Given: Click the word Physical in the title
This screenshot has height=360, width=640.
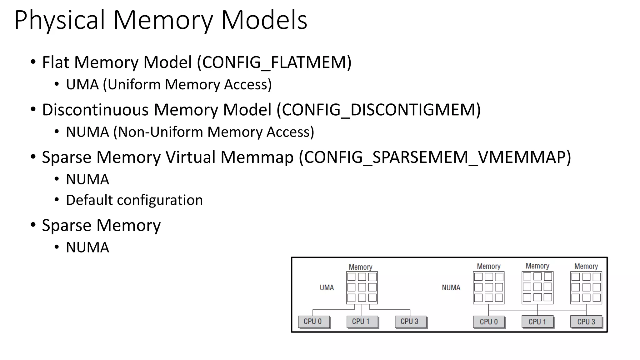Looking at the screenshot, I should tap(59, 20).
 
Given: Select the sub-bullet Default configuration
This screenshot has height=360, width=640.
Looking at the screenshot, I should tap(134, 200).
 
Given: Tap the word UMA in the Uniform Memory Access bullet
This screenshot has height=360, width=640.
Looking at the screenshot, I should tap(82, 85).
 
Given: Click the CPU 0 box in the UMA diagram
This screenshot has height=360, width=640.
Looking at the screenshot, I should tap(313, 322).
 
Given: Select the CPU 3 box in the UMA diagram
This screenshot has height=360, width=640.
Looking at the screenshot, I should tap(410, 322).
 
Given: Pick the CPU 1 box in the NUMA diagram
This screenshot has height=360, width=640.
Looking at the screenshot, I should tap(537, 322).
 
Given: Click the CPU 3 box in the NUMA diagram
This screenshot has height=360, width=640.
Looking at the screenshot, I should tap(586, 322).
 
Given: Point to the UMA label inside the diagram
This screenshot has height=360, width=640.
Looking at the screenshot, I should tap(327, 287).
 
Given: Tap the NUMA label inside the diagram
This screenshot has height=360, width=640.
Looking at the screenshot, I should tap(451, 287).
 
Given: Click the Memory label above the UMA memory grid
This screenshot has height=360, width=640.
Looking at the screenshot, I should tap(360, 267).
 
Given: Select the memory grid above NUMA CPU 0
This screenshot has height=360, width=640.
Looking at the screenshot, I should tap(488, 287).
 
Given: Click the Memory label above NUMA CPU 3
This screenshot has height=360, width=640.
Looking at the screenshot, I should tap(586, 266).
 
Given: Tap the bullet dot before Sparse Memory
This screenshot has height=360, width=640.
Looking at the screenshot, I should tap(33, 225).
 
